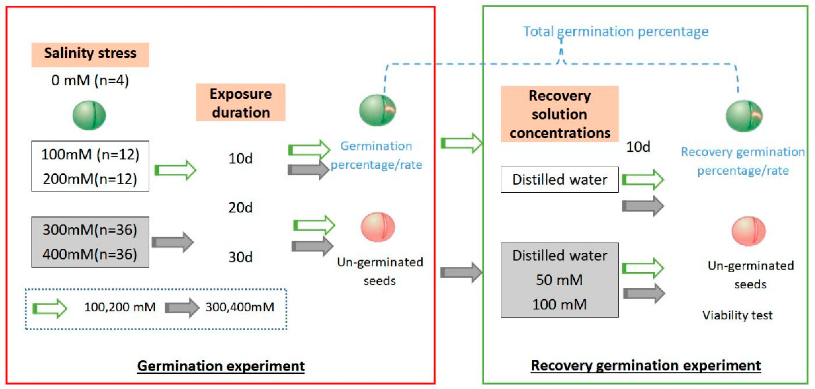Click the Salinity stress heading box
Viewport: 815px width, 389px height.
(90, 54)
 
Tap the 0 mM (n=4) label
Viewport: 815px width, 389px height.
(90, 80)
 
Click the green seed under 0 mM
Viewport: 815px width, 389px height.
(89, 115)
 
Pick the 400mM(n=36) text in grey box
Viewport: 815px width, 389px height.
(90, 254)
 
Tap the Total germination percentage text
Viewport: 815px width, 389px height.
(616, 32)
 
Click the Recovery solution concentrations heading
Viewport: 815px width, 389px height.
(559, 114)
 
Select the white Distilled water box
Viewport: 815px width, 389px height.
(559, 180)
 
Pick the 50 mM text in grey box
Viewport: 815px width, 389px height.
(559, 280)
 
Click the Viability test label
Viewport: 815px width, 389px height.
(737, 315)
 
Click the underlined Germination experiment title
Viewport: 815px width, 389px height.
(221, 366)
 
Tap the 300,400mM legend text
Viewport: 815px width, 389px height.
(240, 307)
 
